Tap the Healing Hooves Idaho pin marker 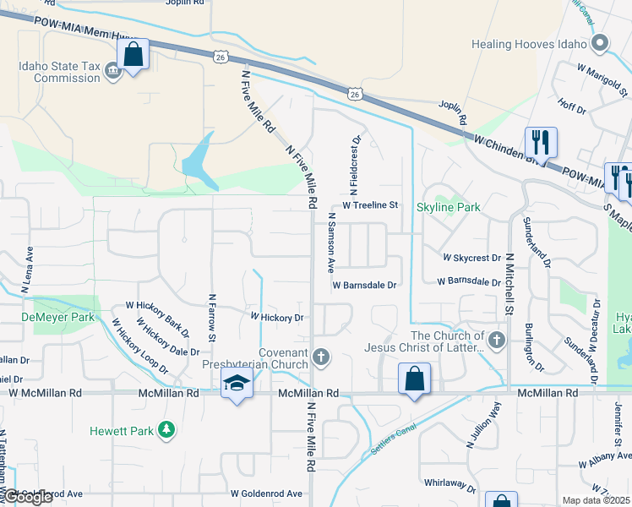pos(601,43)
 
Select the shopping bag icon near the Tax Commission pos(133,55)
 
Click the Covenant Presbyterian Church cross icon pos(320,357)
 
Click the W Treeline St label pos(369,205)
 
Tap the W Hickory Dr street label pos(275,317)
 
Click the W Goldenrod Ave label pos(266,493)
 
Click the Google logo pos(28,498)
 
